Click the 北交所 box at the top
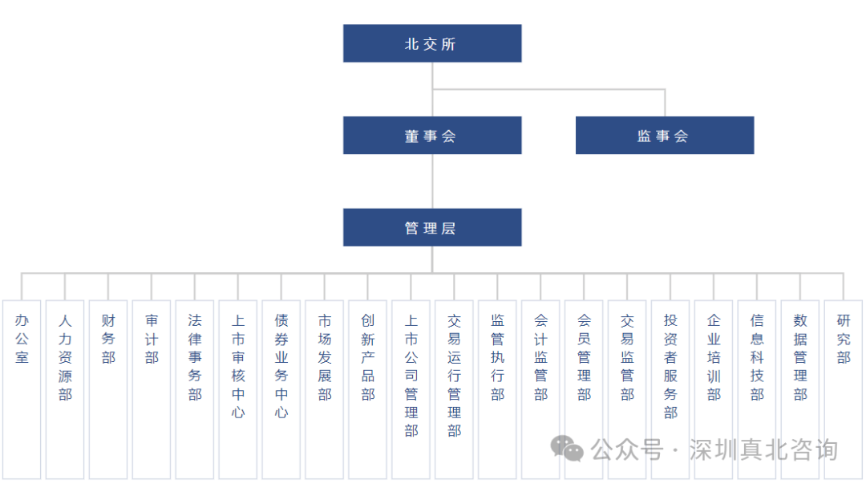pos(432,43)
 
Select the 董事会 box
pos(432,136)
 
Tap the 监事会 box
pos(664,136)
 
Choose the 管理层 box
pos(432,228)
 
